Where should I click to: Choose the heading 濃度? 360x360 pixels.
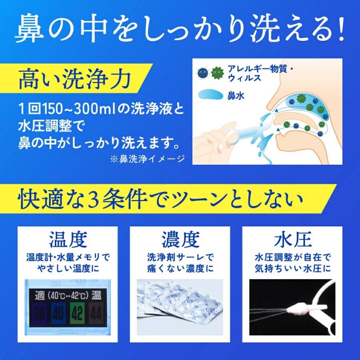click(x=180, y=240)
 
